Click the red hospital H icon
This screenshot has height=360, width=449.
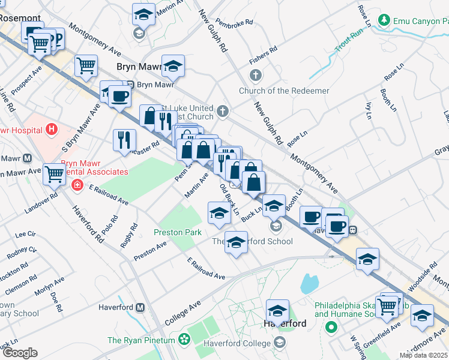click(x=52, y=129)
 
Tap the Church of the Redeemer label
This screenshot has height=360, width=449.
click(x=284, y=91)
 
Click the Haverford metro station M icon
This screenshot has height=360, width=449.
click(x=140, y=308)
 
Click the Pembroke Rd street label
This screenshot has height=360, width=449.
click(x=234, y=23)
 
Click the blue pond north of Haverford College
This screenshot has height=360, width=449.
click(x=309, y=283)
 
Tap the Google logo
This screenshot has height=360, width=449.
click(x=20, y=353)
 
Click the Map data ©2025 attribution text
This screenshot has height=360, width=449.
click(x=423, y=355)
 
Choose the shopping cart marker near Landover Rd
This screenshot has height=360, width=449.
click(x=54, y=174)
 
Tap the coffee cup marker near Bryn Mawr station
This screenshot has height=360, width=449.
click(x=119, y=96)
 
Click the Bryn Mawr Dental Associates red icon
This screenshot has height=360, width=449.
click(x=77, y=185)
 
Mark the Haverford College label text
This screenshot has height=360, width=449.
click(x=235, y=343)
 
